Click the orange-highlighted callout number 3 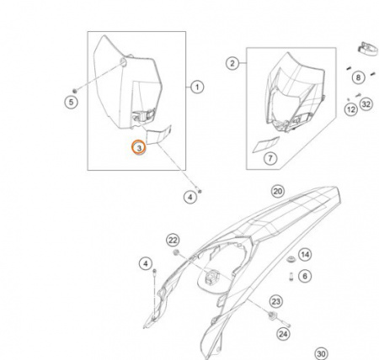(x=139, y=147)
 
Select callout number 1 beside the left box (x=197, y=87)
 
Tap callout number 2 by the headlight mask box (x=232, y=63)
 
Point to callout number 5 (x=71, y=102)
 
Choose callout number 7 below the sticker (x=270, y=158)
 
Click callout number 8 (x=358, y=77)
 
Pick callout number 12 (x=351, y=109)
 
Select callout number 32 (x=366, y=104)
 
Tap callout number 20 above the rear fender (x=278, y=191)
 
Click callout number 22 (x=173, y=240)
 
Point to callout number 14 (x=305, y=255)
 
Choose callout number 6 (x=305, y=276)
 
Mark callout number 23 (x=276, y=302)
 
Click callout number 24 (x=283, y=334)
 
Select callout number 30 (x=322, y=354)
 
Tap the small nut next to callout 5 (x=75, y=91)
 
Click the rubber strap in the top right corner (x=367, y=49)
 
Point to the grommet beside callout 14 (x=291, y=259)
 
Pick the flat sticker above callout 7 (x=266, y=145)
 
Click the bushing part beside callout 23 (x=272, y=316)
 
